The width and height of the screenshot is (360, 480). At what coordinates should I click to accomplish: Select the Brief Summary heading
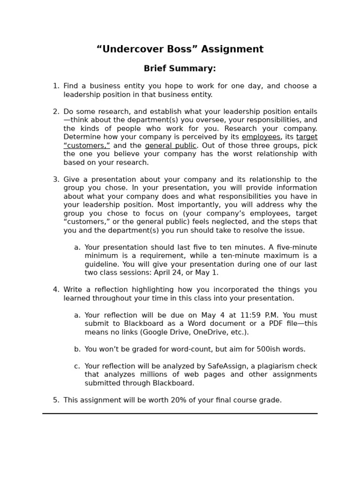tap(180, 68)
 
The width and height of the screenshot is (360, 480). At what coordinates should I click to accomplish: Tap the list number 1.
tap(55, 86)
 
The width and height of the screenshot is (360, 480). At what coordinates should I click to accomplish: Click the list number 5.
tap(55, 400)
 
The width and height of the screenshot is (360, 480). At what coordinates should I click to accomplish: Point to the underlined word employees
tap(261, 137)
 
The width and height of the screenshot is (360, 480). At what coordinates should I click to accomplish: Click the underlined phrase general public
tap(171, 146)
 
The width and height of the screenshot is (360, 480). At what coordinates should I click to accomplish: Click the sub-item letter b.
tap(77, 349)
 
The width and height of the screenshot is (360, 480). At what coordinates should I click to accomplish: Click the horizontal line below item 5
tap(180, 413)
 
